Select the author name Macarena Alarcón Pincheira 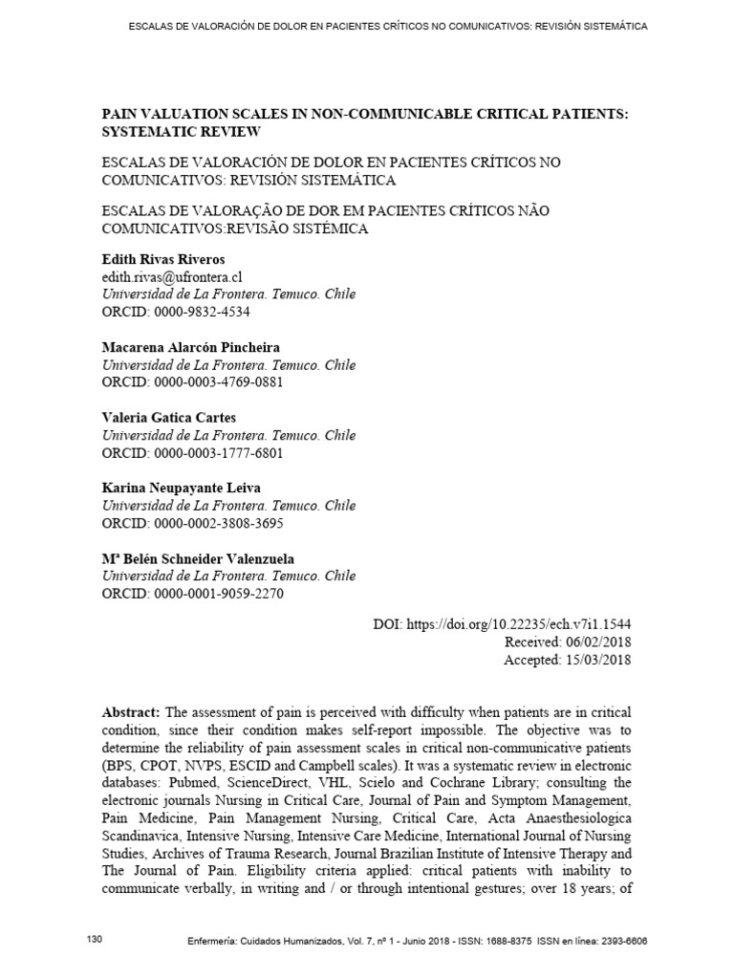(x=190, y=347)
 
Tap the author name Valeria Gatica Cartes (x=168, y=417)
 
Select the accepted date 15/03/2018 (x=595, y=660)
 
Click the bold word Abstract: (x=132, y=714)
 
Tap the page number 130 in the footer (x=94, y=940)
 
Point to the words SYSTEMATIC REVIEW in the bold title (x=181, y=131)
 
